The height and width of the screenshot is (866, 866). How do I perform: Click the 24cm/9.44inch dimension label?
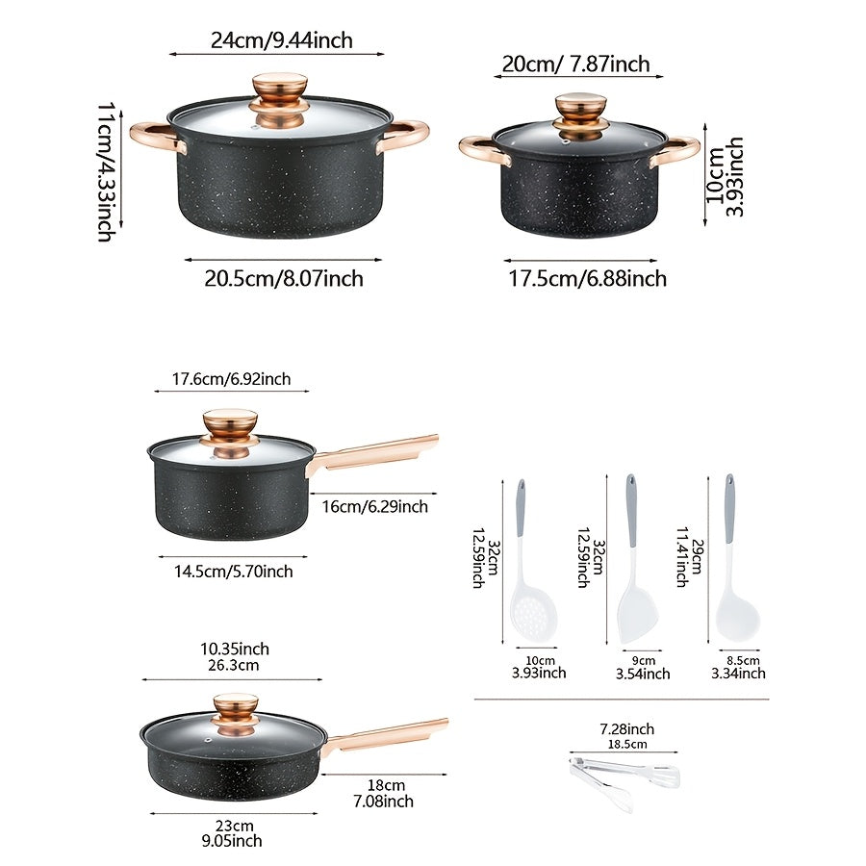[x=282, y=39]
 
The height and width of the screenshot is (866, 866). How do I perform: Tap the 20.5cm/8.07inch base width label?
[x=283, y=279]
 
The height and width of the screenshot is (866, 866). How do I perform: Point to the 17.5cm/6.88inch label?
[x=587, y=279]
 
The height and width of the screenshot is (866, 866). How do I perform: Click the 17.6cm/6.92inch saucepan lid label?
[x=231, y=379]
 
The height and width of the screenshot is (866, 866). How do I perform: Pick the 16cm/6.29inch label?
[x=375, y=506]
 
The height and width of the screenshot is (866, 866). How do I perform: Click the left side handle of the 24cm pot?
[x=154, y=134]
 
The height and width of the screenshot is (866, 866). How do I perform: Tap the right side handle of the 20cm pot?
[x=676, y=150]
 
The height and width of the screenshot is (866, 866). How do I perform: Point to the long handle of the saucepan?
[x=375, y=452]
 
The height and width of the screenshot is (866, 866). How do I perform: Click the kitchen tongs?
[x=624, y=773]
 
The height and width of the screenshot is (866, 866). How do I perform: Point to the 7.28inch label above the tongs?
[x=626, y=730]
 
